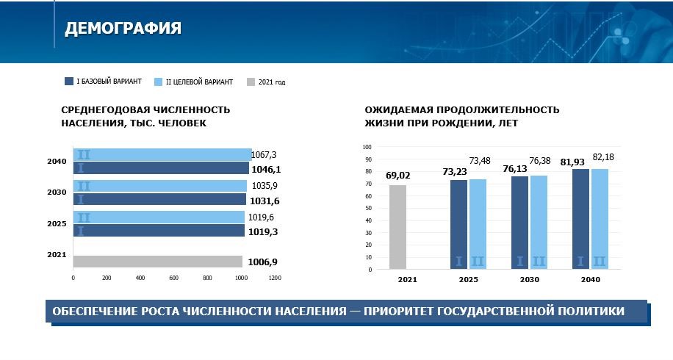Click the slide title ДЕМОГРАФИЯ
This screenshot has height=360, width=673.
click(123, 29)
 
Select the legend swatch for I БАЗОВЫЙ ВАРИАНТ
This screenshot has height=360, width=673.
click(69, 81)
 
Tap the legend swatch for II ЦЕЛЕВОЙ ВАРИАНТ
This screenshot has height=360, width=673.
click(159, 82)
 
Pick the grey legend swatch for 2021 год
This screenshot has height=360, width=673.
click(251, 82)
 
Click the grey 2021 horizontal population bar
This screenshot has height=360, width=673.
click(158, 262)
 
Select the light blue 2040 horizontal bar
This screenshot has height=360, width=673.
click(162, 154)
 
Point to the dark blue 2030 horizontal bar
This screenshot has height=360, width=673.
click(159, 199)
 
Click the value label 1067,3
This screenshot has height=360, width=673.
click(264, 155)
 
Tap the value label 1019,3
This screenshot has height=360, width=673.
click(263, 232)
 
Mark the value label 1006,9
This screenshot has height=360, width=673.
click(263, 262)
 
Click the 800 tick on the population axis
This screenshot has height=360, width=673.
click(207, 278)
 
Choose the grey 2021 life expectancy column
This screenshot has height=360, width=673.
click(398, 227)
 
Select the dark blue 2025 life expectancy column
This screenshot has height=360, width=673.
click(458, 224)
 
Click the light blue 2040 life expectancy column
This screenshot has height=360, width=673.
click(600, 219)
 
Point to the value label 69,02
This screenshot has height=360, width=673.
click(398, 176)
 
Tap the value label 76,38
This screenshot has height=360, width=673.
click(540, 161)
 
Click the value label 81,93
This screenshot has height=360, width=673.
click(572, 162)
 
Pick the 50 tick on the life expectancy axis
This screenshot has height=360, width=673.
click(368, 208)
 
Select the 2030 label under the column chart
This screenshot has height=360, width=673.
click(530, 280)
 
